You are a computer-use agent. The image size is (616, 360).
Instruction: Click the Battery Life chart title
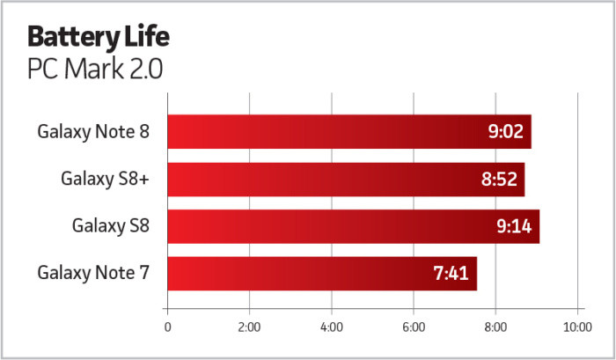[x=98, y=38]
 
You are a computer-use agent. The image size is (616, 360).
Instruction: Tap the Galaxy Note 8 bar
[x=348, y=132]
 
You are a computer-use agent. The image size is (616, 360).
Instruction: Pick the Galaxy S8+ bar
[x=345, y=180]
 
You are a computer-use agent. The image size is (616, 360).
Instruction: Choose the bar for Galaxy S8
[x=352, y=226]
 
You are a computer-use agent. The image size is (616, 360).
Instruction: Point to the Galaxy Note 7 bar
[x=321, y=274]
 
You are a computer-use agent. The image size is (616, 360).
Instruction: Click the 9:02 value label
[x=505, y=132]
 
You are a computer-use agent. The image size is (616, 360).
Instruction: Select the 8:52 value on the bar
[x=499, y=180]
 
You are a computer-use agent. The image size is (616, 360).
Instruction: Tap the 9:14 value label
[x=513, y=226]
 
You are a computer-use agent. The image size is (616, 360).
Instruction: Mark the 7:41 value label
[x=451, y=274]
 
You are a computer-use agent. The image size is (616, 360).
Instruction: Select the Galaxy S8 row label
[x=111, y=226]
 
